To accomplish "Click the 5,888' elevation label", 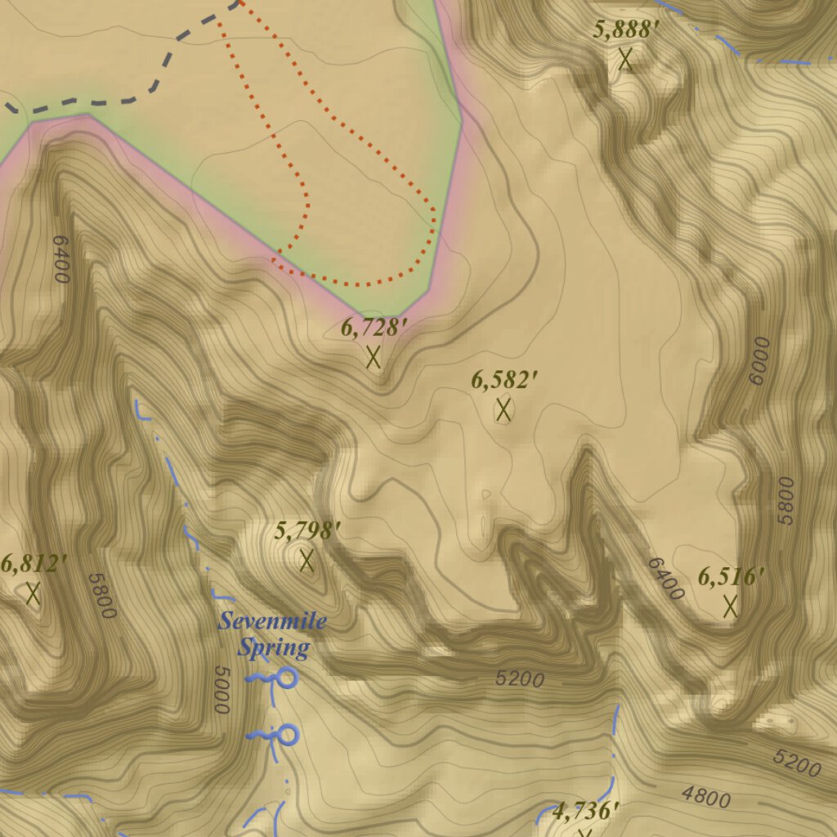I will pos(626,31).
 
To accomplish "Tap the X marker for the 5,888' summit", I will pos(626,59).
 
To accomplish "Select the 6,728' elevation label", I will pos(374,329).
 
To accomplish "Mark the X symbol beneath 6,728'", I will pos(374,356).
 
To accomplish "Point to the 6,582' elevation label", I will pos(504,381).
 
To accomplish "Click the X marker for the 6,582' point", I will pos(504,409).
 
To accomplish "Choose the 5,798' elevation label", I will pos(307,531).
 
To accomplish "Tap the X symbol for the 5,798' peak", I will pos(307,560).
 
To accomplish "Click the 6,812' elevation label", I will pos(34,564).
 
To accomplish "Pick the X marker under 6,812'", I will pos(33,593).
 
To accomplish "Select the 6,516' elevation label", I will pos(731,577).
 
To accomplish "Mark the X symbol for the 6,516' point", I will pos(731,606).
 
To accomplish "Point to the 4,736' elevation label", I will pos(585,812).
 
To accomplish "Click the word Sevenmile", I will pos(272,621).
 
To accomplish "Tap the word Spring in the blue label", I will pos(274,649).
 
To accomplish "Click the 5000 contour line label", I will pos(222,691).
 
